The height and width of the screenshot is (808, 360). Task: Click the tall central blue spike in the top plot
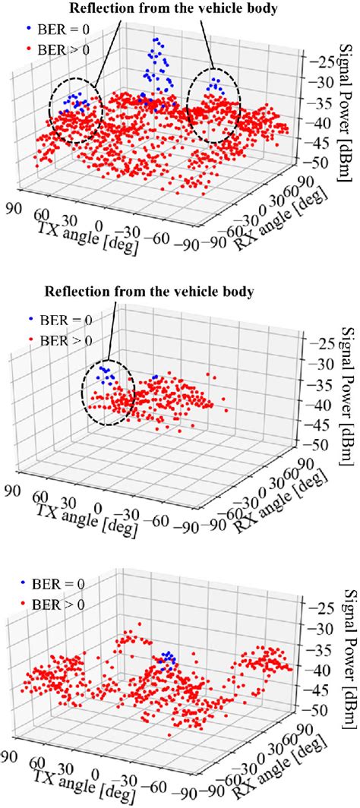click(x=157, y=72)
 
